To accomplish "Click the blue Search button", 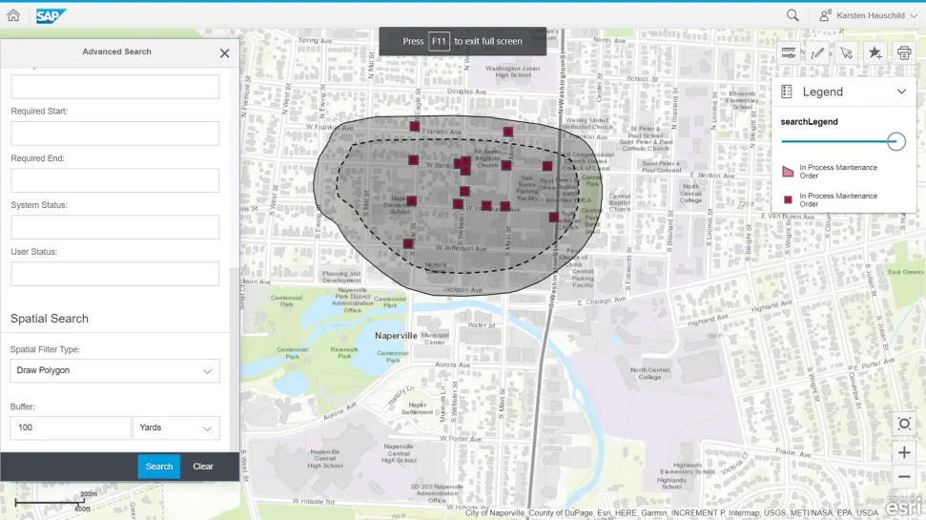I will [x=158, y=467].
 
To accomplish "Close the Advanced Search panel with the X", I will [x=225, y=53].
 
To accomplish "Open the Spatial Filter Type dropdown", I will [x=114, y=370].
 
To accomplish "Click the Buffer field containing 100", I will [x=70, y=427].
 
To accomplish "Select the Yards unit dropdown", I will [x=176, y=427].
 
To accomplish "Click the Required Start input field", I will [x=114, y=134].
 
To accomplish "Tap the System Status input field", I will [x=114, y=227].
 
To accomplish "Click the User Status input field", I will [x=114, y=274].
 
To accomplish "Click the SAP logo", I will [x=51, y=16].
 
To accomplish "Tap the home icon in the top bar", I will [x=13, y=16].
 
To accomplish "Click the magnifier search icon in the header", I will [x=792, y=16].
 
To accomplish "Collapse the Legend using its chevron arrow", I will [x=901, y=92].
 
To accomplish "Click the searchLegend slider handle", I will [x=895, y=141].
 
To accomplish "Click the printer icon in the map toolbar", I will [x=904, y=53].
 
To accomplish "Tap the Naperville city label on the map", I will [x=396, y=336].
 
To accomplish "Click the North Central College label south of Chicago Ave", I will [x=649, y=373].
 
